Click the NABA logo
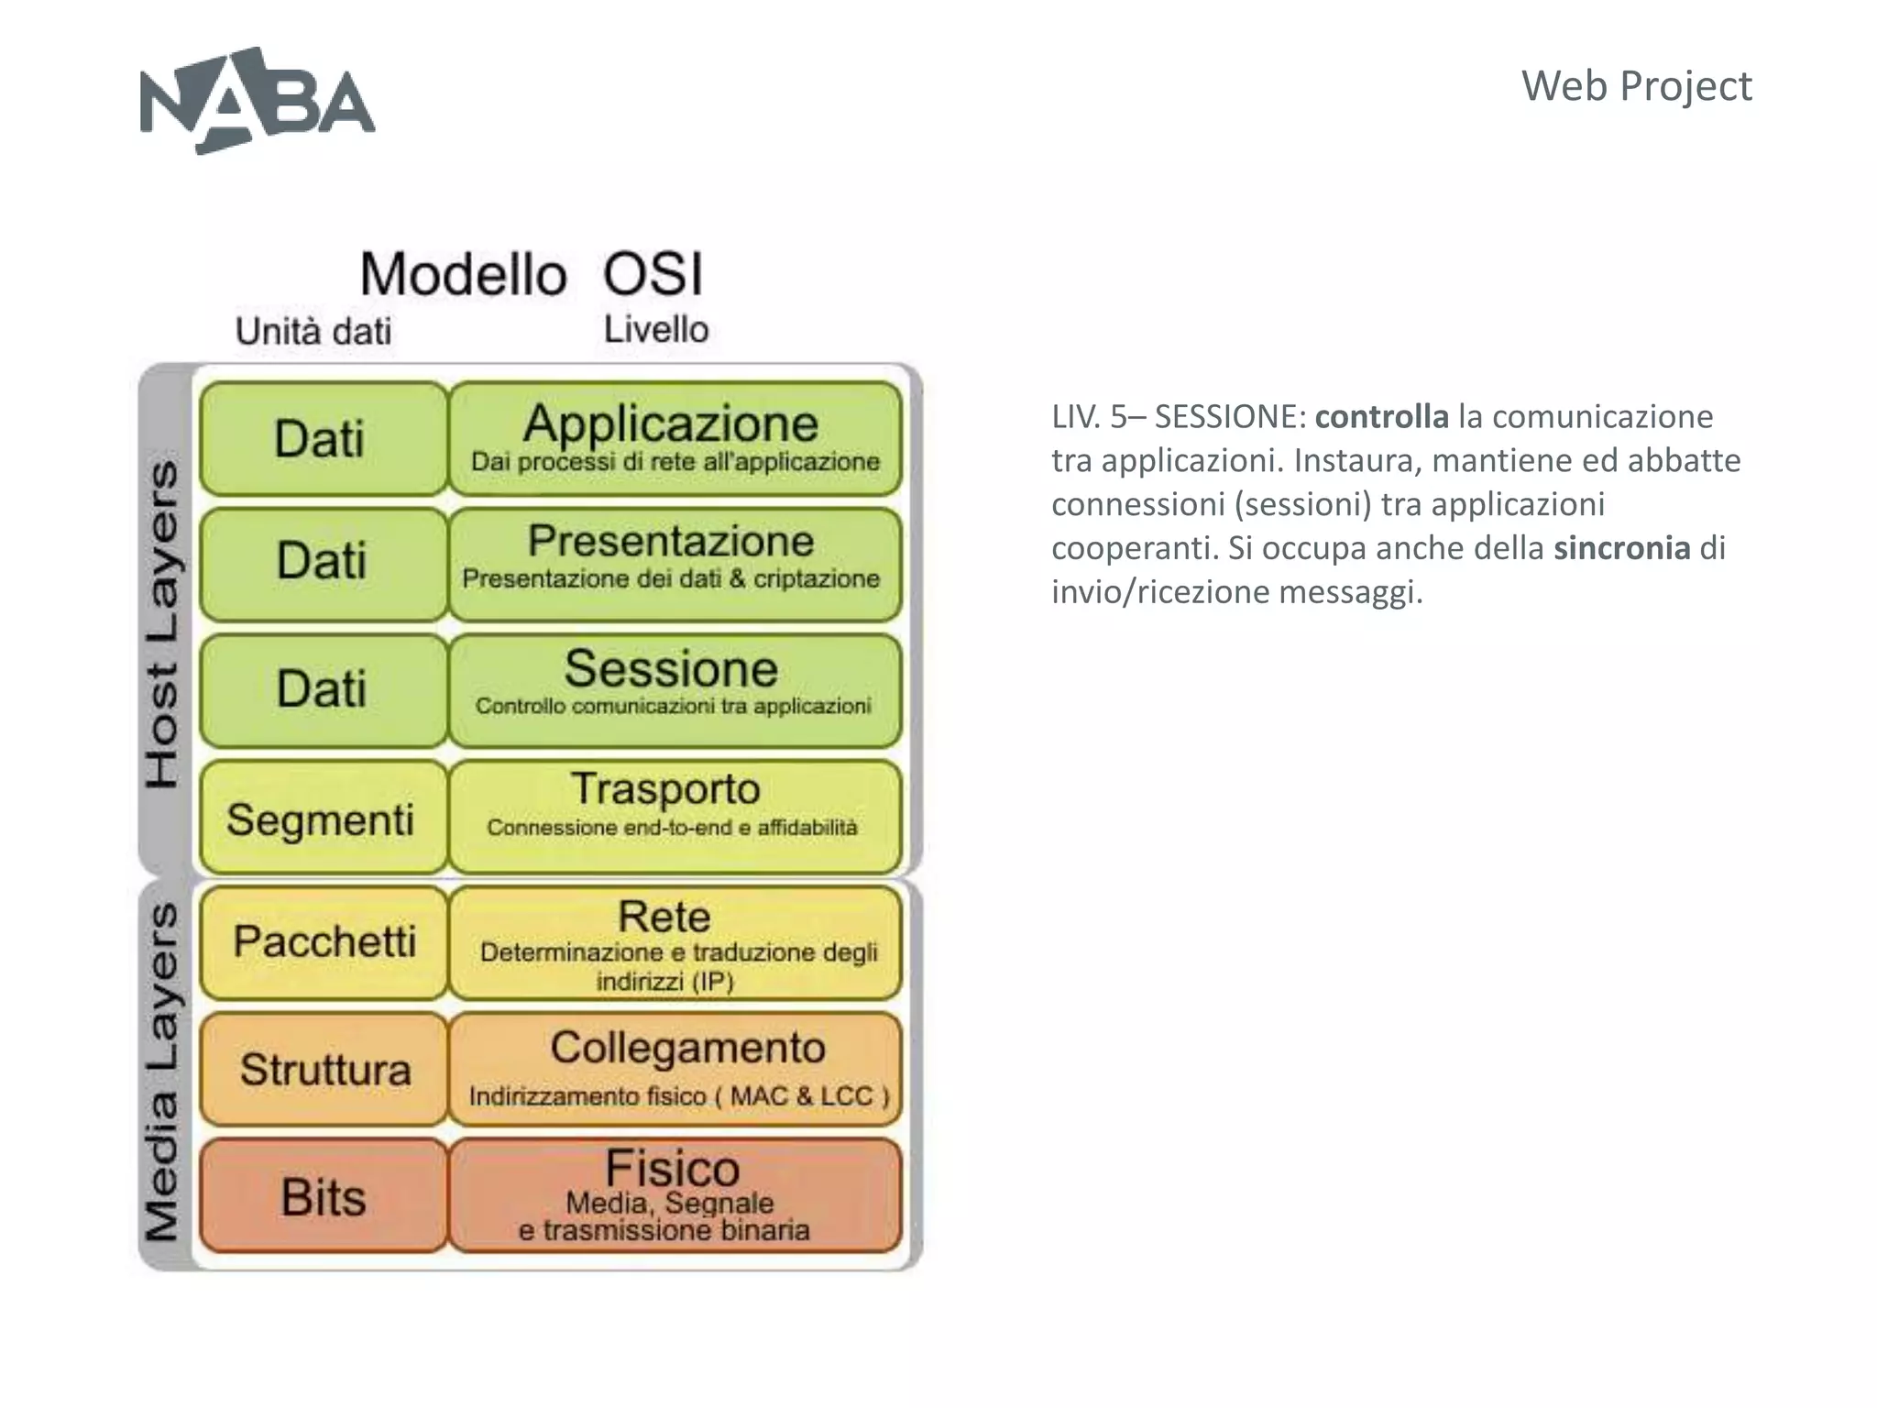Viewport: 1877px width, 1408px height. coord(257,101)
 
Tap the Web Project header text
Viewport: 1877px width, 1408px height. coord(1636,86)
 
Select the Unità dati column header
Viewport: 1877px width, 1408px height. coord(313,331)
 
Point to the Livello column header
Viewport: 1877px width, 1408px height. coord(656,329)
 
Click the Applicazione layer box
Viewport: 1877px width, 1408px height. coord(675,438)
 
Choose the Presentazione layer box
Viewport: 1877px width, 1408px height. coord(675,564)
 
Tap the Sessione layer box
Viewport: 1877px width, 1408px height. coord(675,689)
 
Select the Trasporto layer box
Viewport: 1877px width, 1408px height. coord(675,816)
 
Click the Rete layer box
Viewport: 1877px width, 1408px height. coord(675,942)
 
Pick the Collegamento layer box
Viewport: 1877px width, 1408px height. coord(675,1069)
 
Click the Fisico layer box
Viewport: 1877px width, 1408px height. coord(675,1195)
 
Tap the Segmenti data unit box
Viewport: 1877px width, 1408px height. coord(323,817)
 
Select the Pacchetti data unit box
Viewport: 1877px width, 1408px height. coord(323,942)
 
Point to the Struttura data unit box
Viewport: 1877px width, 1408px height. coord(323,1069)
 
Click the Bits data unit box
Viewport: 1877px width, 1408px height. coord(323,1195)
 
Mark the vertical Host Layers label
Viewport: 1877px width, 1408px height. coord(163,623)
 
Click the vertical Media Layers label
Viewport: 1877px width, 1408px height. coord(163,1072)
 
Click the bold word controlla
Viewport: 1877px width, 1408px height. coord(1381,417)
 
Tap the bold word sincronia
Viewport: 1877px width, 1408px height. coord(1620,548)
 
